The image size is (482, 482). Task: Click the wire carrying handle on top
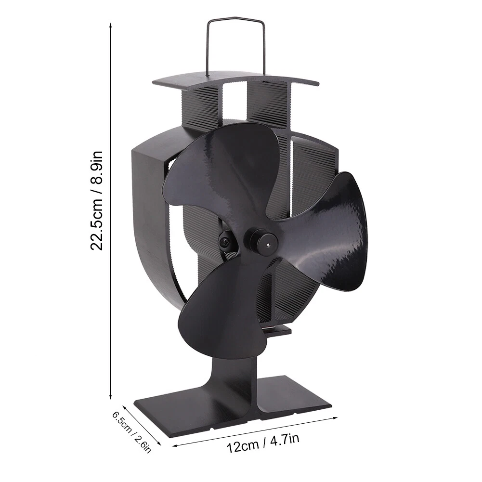[x=236, y=20]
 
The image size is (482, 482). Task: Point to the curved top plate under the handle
[x=235, y=79]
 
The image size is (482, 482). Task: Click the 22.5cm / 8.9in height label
[x=97, y=200]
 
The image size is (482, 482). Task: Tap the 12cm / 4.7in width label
[x=263, y=443]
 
